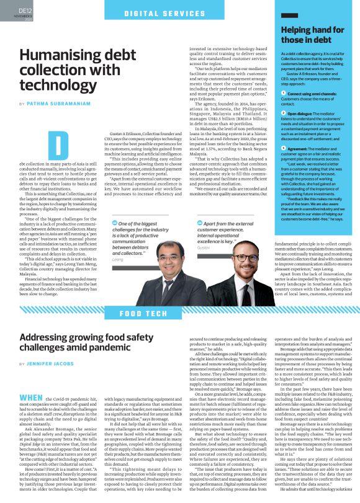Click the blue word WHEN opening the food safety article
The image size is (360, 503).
click(x=31, y=380)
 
